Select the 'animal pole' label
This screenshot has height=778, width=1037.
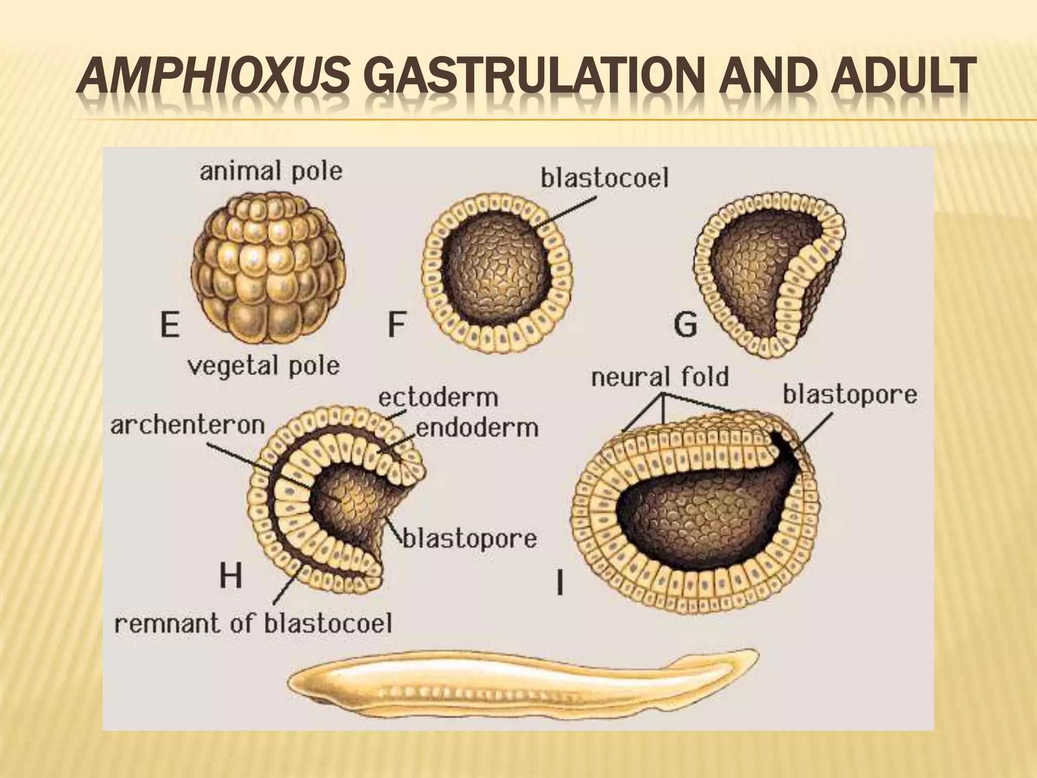271,171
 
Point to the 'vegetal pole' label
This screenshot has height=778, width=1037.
263,365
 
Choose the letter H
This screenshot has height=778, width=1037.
230,575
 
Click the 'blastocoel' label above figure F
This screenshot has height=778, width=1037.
605,178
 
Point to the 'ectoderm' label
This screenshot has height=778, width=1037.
438,398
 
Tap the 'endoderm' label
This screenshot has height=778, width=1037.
477,429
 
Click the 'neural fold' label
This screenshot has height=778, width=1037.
660,378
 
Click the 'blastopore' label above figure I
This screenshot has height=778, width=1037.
850,395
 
